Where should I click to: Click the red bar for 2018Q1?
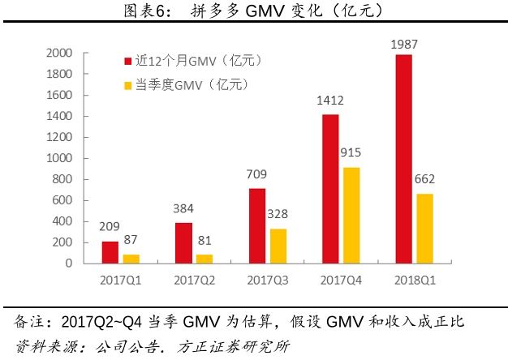[403, 159]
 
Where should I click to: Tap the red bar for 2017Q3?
[256, 225]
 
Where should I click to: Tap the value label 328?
[277, 214]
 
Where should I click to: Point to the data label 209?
[110, 226]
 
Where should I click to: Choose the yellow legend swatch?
[127, 84]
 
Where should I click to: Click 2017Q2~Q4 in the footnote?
[106, 322]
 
